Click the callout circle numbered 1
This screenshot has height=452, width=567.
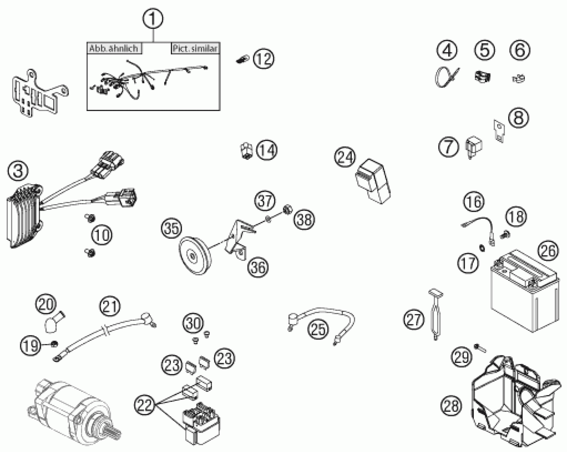click(153, 19)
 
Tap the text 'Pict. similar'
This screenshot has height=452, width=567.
click(195, 49)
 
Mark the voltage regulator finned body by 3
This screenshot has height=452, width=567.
click(24, 215)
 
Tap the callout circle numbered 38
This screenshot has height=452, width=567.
click(304, 219)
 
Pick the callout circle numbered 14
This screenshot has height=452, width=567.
click(267, 150)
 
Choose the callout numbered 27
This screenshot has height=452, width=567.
click(414, 319)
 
